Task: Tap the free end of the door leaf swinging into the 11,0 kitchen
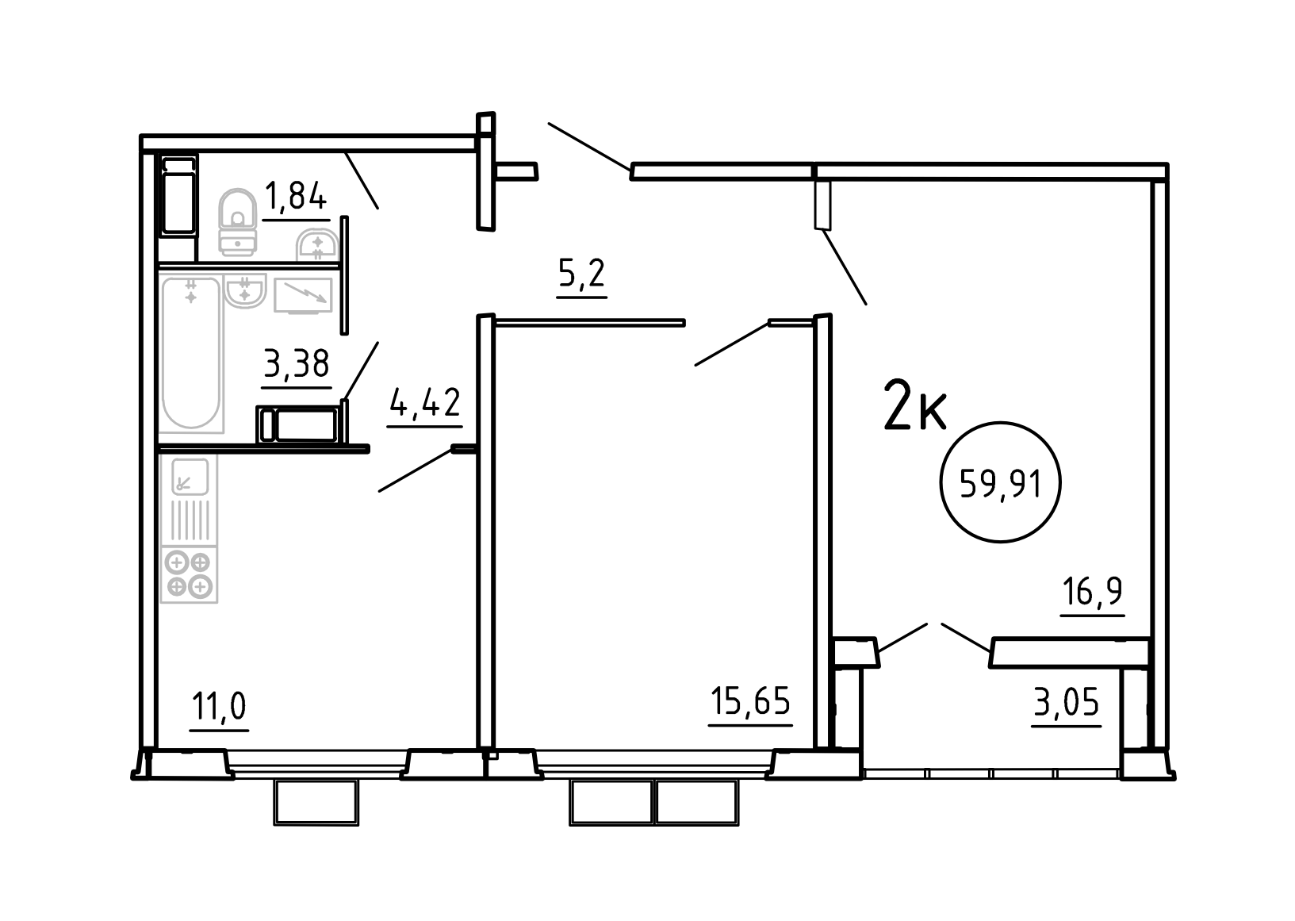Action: [x=379, y=491]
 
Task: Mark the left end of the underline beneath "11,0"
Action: [x=189, y=731]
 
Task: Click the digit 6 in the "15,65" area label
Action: [x=759, y=700]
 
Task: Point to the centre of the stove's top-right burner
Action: [x=200, y=562]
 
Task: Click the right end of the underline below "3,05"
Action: [x=1102, y=726]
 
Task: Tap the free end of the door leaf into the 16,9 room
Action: [x=866, y=304]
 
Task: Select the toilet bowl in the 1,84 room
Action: [x=237, y=221]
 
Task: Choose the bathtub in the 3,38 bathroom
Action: [x=191, y=353]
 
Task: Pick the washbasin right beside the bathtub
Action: [x=245, y=291]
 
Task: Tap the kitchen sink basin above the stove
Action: [x=190, y=477]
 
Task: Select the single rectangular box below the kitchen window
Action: [x=316, y=802]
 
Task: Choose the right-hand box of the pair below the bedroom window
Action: [x=696, y=802]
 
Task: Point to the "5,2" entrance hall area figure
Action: [x=581, y=273]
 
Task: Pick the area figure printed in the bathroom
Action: [x=297, y=363]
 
